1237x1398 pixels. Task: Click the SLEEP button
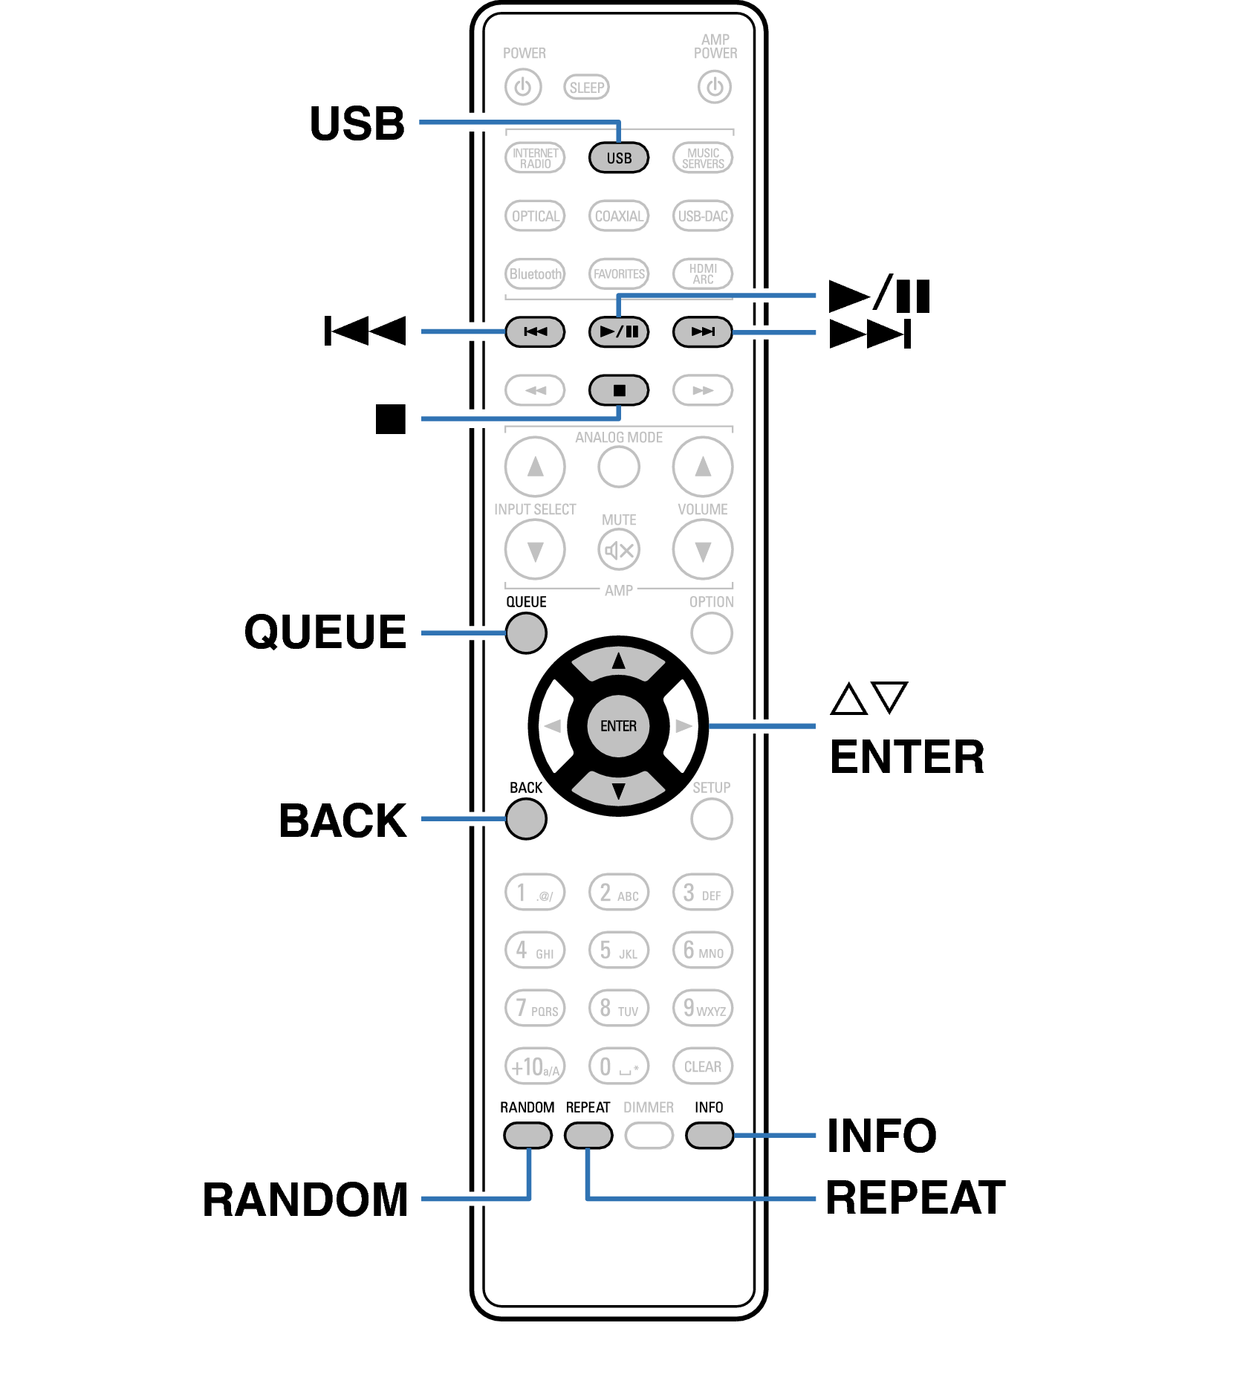pyautogui.click(x=586, y=88)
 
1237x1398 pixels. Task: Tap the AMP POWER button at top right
pyautogui.click(x=714, y=88)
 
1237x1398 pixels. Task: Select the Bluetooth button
pyautogui.click(x=535, y=274)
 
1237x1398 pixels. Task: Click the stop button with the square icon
pyautogui.click(x=619, y=390)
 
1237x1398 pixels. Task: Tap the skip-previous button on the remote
pyautogui.click(x=535, y=331)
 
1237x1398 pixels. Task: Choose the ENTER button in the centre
pyautogui.click(x=618, y=726)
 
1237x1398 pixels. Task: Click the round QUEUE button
pyautogui.click(x=526, y=633)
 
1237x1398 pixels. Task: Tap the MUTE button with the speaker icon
pyautogui.click(x=619, y=550)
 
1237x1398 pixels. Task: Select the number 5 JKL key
pyautogui.click(x=619, y=951)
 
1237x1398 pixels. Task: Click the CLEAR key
pyautogui.click(x=702, y=1067)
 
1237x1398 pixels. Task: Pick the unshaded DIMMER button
pyautogui.click(x=649, y=1136)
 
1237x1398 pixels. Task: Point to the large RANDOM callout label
pyautogui.click(x=305, y=1200)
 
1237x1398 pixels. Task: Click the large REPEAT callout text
pyautogui.click(x=915, y=1198)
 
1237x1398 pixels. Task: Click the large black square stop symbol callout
pyautogui.click(x=391, y=419)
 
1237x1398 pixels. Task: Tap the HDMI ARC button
pyautogui.click(x=702, y=274)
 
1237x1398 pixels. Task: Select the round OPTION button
pyautogui.click(x=711, y=633)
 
